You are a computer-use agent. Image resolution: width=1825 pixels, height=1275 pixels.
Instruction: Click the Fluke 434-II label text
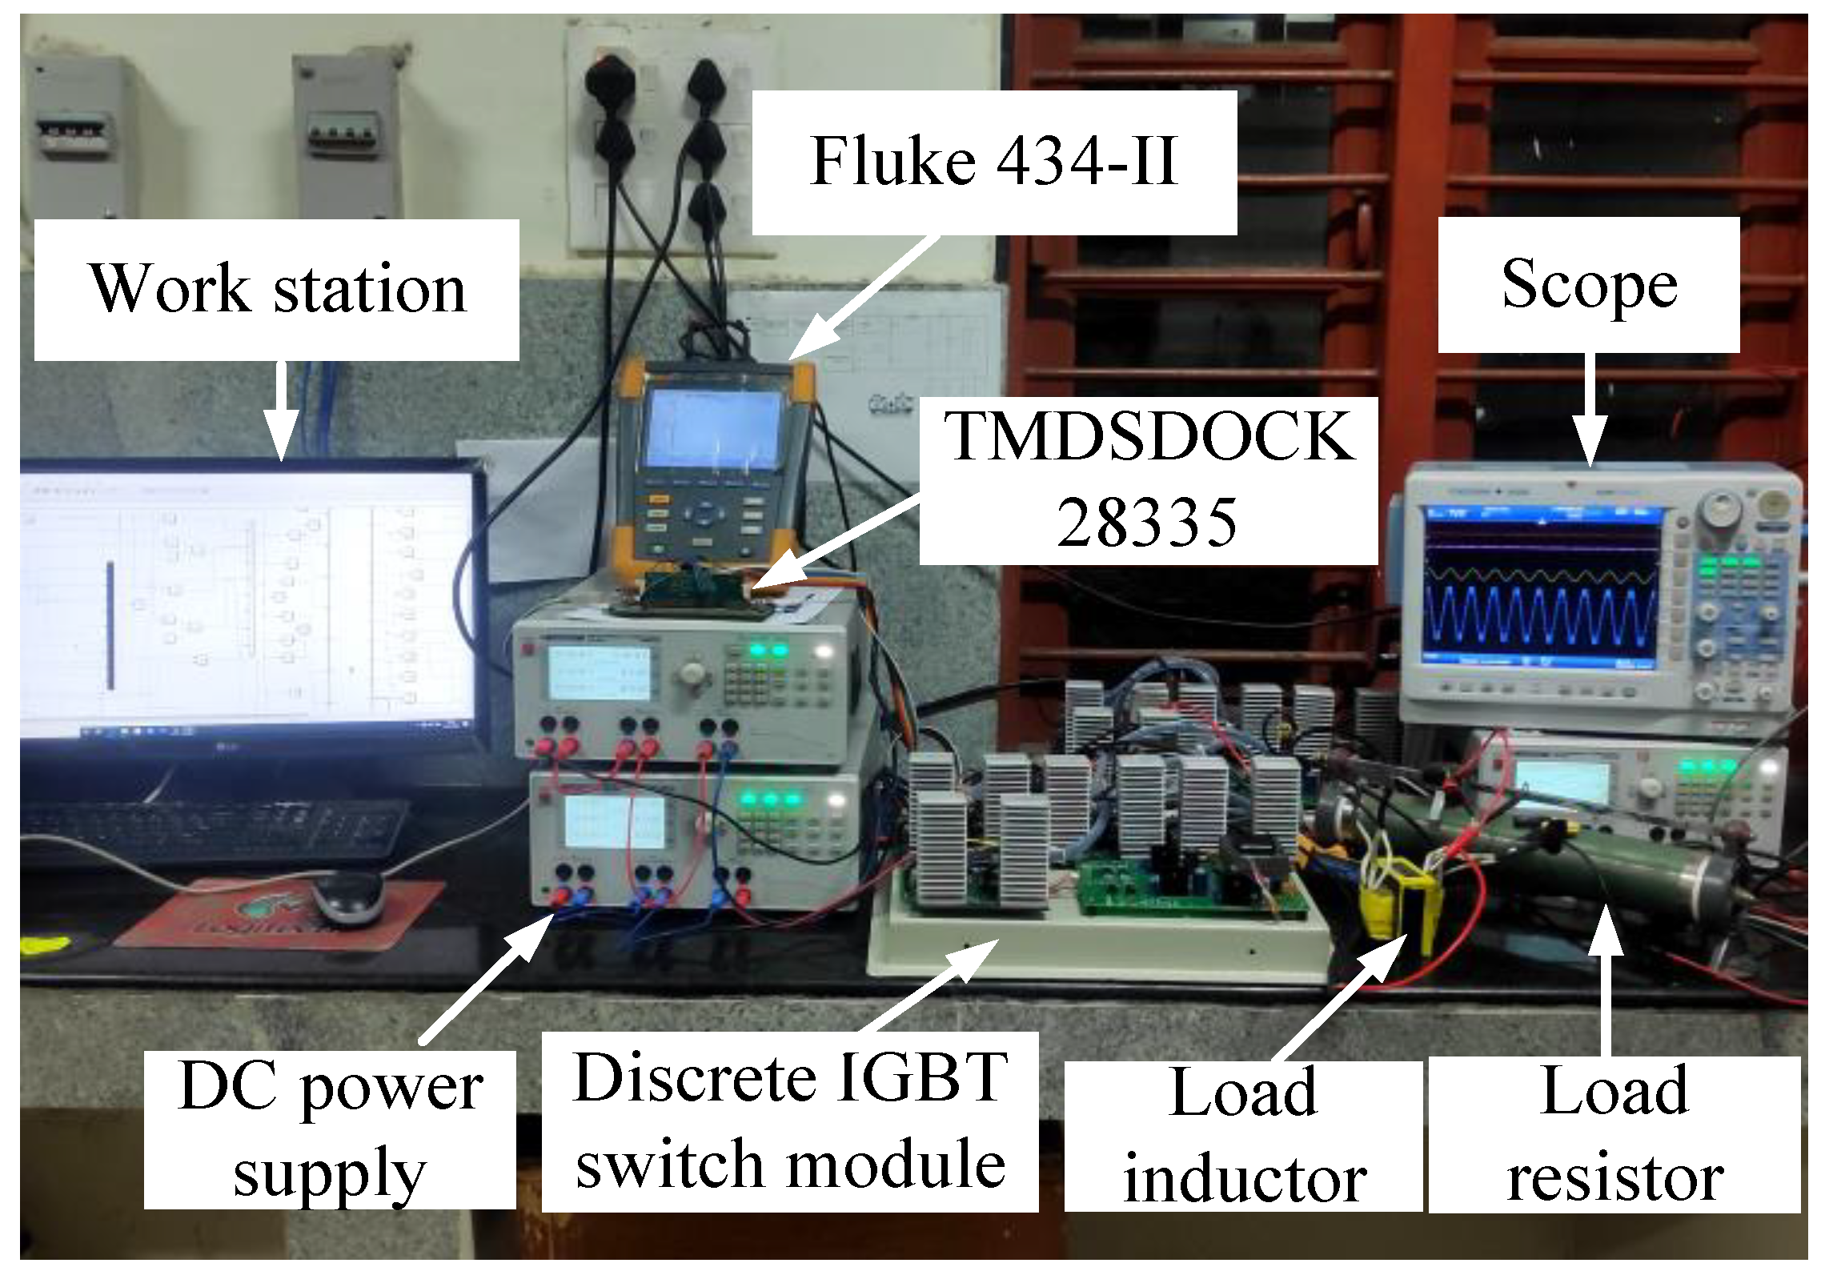point(993,162)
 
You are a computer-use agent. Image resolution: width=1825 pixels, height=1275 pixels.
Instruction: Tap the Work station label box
point(277,290)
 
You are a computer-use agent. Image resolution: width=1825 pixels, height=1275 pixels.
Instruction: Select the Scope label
point(1588,285)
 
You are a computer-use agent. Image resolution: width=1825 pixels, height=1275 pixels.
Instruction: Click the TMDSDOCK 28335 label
point(1148,480)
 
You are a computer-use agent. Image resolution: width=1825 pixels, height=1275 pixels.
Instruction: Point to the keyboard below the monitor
point(212,828)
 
